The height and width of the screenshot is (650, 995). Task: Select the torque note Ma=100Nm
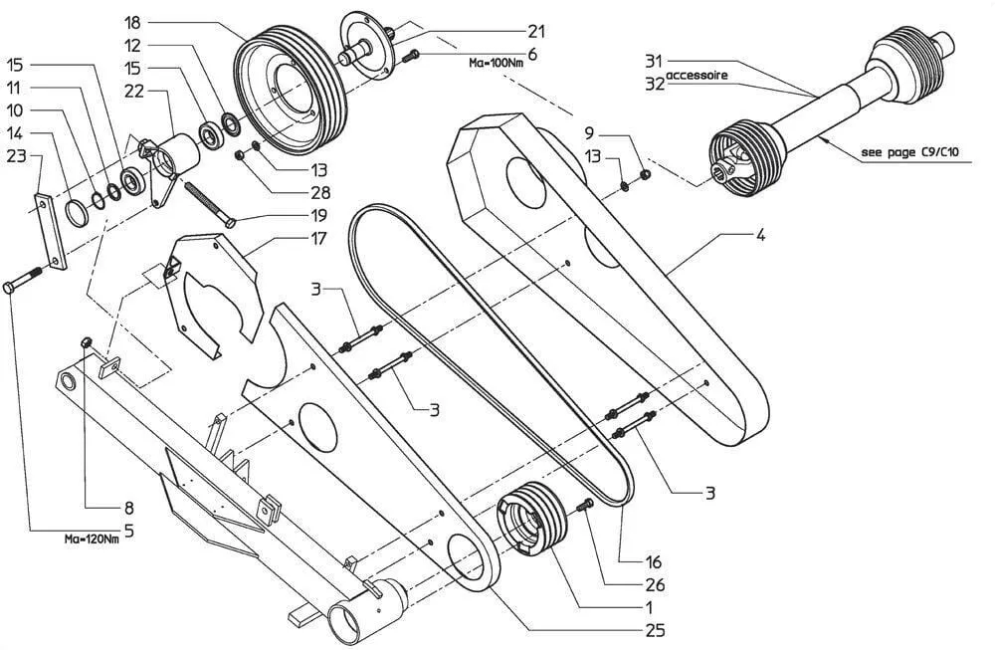pyautogui.click(x=497, y=62)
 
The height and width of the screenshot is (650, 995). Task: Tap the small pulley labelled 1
pyautogui.click(x=532, y=517)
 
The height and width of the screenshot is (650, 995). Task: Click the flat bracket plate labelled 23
pyautogui.click(x=51, y=230)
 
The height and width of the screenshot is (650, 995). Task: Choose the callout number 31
pyautogui.click(x=653, y=59)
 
